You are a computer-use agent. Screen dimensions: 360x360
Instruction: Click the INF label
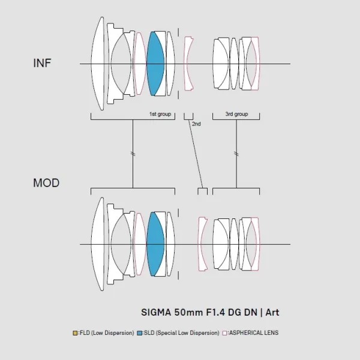[x=42, y=63]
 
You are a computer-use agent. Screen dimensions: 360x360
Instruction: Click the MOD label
[x=46, y=183]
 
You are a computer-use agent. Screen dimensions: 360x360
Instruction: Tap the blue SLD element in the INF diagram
[x=155, y=64]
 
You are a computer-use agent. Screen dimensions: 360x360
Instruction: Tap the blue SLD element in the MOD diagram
[x=155, y=244]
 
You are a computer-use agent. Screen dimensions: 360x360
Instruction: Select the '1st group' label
[x=160, y=114]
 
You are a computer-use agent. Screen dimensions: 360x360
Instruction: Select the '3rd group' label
[x=236, y=114]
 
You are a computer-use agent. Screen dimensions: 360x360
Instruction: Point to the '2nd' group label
[x=196, y=124]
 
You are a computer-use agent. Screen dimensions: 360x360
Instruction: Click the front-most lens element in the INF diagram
[x=98, y=64]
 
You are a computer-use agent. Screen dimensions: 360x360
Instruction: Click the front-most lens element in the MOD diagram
[x=98, y=244]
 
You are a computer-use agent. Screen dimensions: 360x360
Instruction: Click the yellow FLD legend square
[x=75, y=333]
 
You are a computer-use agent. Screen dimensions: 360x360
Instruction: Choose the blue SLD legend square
[x=139, y=333]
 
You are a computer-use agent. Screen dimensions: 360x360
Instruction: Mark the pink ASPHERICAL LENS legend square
[x=224, y=333]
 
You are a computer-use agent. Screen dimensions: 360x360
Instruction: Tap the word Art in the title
[x=272, y=313]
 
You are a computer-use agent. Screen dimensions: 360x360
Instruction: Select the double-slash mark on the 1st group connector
[x=133, y=154]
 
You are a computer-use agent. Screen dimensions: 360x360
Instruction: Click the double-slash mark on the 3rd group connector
[x=236, y=154]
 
